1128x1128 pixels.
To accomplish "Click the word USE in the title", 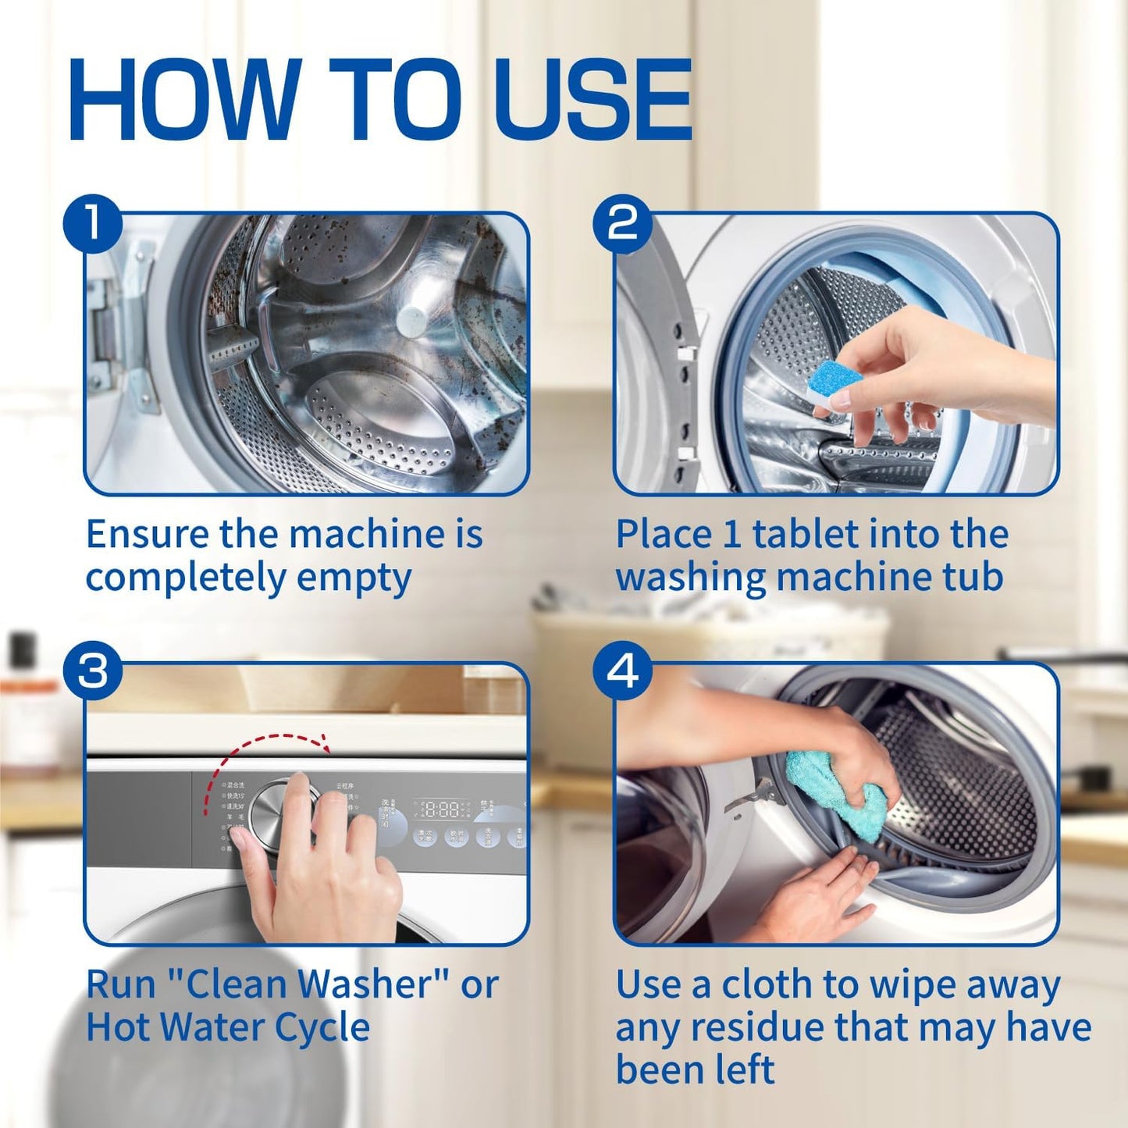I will click(x=593, y=100).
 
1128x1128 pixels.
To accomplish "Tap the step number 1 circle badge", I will click(x=93, y=223).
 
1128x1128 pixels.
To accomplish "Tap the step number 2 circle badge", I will click(x=622, y=223).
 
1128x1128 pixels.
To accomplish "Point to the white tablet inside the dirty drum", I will click(x=415, y=318).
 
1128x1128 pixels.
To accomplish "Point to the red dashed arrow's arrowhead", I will click(x=322, y=743).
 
